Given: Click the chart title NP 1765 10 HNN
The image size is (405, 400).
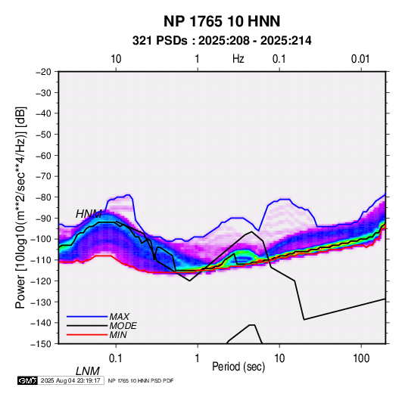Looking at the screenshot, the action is [x=222, y=21].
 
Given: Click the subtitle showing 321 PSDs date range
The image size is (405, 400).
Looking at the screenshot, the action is [x=222, y=41].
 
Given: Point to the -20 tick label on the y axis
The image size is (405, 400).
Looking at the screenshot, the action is [x=43, y=72].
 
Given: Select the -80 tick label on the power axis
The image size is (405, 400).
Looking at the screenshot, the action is [x=43, y=197].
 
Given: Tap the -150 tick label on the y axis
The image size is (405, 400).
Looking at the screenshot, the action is [x=41, y=344].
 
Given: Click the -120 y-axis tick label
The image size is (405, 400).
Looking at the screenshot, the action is [x=41, y=281].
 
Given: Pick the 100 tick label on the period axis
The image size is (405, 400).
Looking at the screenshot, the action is [x=361, y=358].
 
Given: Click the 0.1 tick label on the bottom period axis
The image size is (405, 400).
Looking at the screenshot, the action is [x=116, y=358].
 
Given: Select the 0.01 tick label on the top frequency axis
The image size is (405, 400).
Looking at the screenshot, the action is [x=360, y=59].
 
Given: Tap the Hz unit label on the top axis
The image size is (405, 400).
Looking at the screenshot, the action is [x=238, y=59].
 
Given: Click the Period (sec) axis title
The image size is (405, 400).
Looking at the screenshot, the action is [x=238, y=367].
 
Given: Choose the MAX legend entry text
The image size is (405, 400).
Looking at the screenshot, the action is [x=119, y=317].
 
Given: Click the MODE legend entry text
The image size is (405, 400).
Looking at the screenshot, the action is [x=123, y=326].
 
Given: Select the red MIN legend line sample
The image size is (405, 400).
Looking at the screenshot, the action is [x=87, y=335].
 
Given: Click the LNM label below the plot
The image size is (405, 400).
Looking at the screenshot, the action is [x=87, y=371].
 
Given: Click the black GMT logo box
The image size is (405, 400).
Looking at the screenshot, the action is [x=28, y=380].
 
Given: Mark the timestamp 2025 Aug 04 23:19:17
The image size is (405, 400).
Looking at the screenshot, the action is [x=70, y=380].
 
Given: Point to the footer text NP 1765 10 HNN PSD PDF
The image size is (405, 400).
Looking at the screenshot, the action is [x=141, y=380].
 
